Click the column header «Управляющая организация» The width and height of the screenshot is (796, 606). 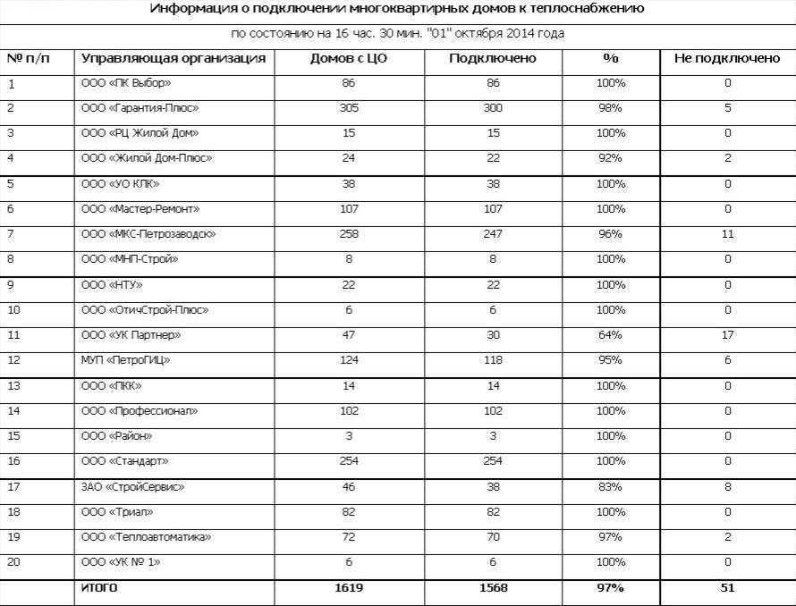coord(174,59)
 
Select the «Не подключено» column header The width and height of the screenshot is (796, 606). coord(727,59)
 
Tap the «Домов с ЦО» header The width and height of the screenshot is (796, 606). coord(347,59)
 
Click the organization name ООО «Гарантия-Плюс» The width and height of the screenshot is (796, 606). coord(140,108)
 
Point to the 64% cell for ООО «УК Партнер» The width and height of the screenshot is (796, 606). coord(611,335)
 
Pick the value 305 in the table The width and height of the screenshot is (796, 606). coord(349,108)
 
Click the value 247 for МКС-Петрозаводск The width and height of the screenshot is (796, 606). coord(493,234)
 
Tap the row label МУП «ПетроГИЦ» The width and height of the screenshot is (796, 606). coord(126,360)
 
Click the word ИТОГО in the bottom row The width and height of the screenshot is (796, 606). coord(99,588)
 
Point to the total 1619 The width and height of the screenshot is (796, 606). coord(349,588)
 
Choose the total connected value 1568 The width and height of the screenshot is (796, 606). coord(493,588)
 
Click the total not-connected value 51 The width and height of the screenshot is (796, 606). coord(727,588)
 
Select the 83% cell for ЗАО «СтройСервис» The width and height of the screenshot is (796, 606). coord(611,487)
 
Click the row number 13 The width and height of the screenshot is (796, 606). coord(13,386)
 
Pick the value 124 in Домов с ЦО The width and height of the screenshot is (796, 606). coord(349,360)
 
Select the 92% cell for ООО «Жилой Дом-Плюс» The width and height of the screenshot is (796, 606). coord(611,158)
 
